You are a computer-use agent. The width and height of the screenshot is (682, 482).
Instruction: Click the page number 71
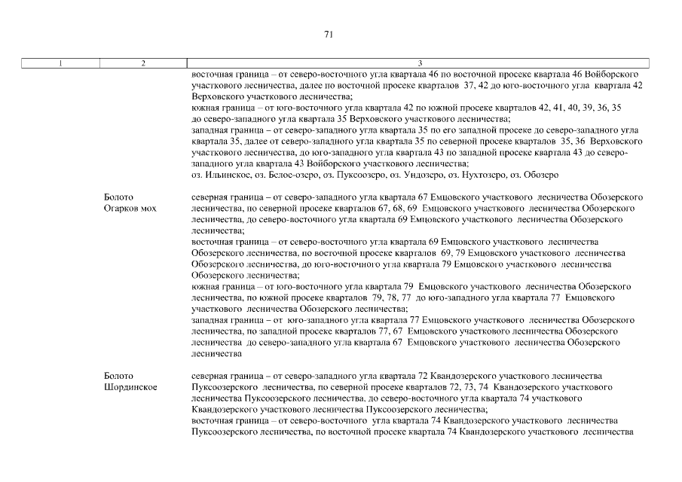(x=328, y=34)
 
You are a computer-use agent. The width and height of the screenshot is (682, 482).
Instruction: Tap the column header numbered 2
(x=142, y=63)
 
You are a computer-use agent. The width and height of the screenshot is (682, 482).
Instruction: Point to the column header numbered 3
(x=419, y=63)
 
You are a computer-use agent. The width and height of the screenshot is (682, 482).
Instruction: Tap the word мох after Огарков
(x=148, y=208)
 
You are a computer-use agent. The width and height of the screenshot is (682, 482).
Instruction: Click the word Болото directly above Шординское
(x=118, y=376)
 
